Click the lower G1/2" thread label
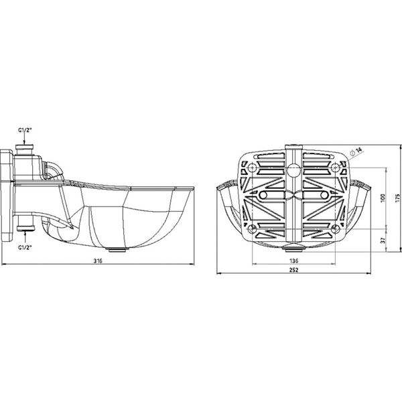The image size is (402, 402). coord(25,247)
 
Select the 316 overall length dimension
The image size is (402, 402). coord(98,260)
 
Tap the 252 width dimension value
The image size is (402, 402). coord(293,270)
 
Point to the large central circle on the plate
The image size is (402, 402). coord(293,171)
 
